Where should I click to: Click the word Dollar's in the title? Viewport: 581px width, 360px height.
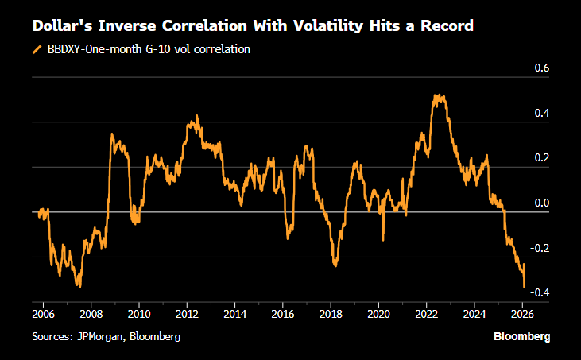click(61, 26)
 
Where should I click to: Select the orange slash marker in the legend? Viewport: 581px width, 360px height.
click(37, 49)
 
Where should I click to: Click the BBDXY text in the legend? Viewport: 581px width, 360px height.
click(68, 49)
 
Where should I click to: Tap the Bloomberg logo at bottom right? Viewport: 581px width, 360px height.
click(521, 337)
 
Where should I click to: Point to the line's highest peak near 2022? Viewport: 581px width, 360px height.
click(436, 95)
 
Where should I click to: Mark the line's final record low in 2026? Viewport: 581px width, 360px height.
click(524, 287)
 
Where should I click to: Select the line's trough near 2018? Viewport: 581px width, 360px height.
click(335, 266)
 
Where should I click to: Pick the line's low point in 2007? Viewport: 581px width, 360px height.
click(79, 286)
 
